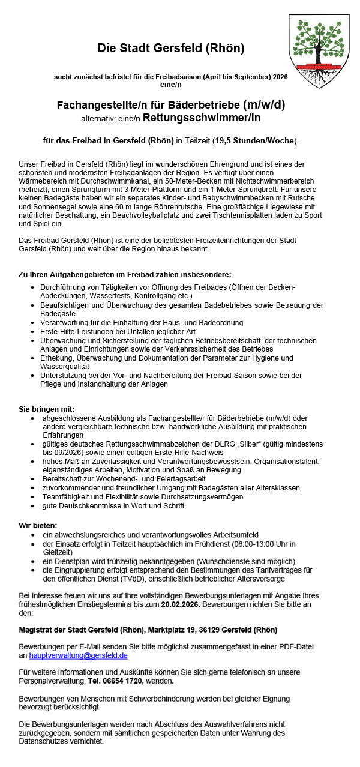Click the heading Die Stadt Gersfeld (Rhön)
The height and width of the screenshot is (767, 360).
[171, 48]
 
